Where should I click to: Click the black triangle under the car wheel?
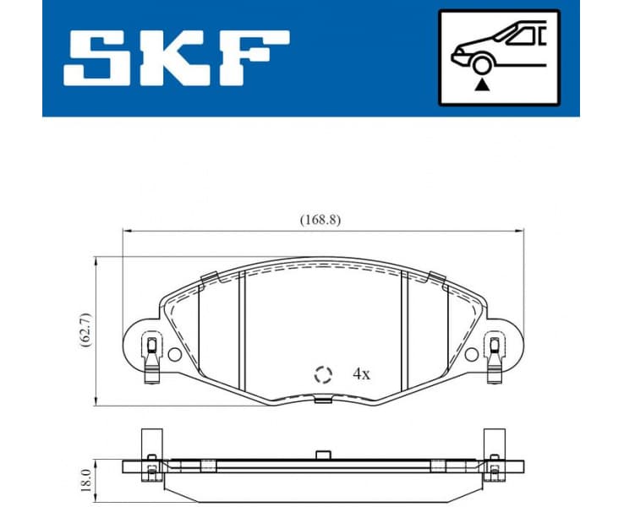481,83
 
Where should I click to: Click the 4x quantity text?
361,373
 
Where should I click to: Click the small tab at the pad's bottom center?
321,400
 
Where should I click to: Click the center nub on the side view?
321,455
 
